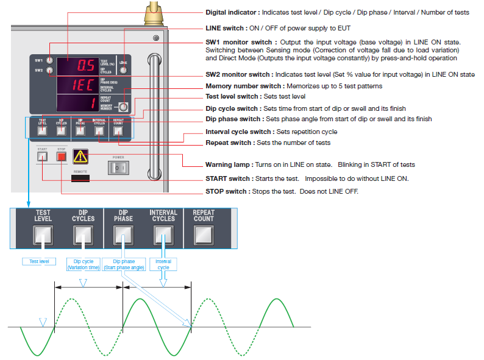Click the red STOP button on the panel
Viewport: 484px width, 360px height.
61,157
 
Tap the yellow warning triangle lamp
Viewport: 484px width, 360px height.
80,157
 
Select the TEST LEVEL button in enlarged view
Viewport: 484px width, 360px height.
43,235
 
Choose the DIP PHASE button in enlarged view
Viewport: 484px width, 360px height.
123,235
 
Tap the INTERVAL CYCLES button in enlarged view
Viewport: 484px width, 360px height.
163,235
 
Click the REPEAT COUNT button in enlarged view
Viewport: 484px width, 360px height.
204,235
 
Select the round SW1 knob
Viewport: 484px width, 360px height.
50,60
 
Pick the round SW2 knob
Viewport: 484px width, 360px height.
50,71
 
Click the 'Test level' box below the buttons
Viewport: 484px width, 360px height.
38,262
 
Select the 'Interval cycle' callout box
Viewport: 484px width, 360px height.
163,264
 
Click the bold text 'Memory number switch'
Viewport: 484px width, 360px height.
246,86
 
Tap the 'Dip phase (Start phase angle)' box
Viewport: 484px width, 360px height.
123,264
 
